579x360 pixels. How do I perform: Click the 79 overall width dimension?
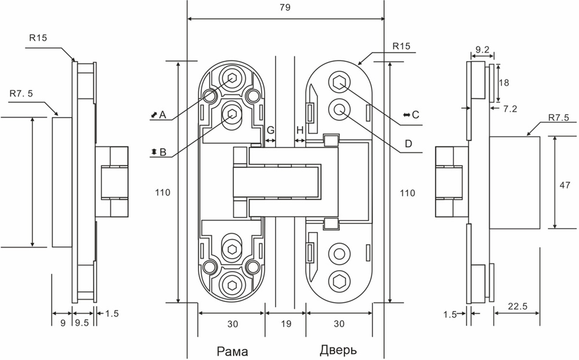(284, 8)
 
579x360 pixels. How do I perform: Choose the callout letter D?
(409, 143)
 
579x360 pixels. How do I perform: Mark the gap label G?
(270, 130)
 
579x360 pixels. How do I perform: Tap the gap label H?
(299, 130)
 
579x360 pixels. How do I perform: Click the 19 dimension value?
(285, 325)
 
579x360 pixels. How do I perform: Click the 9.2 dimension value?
(481, 50)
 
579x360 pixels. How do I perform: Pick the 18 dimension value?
(503, 82)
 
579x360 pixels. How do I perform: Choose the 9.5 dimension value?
(82, 325)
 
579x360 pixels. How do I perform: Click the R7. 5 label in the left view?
(21, 92)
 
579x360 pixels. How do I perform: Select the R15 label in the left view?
(38, 36)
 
